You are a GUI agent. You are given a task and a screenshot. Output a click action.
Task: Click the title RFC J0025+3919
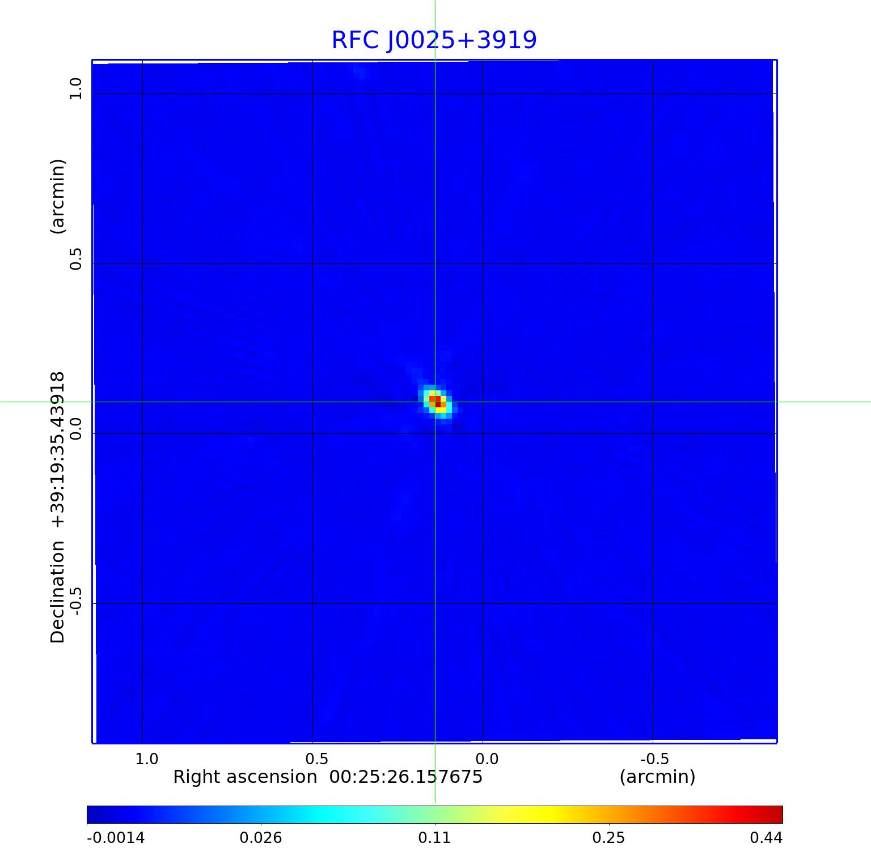[434, 40]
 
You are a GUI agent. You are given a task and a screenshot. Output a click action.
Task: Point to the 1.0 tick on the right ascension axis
[147, 759]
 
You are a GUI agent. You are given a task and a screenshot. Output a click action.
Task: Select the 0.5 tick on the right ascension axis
[316, 759]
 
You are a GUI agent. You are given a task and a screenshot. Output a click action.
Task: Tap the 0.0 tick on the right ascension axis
[487, 759]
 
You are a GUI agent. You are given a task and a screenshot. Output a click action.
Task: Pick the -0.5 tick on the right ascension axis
[654, 759]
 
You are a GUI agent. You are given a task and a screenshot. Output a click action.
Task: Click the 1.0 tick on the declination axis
[75, 89]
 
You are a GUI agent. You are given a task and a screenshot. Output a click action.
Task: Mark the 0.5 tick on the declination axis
[75, 259]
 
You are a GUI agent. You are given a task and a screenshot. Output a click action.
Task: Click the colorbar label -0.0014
[116, 837]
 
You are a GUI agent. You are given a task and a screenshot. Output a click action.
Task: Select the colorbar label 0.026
[261, 837]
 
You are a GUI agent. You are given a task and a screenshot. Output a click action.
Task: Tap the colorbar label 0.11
[434, 837]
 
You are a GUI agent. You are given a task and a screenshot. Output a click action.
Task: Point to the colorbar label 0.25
[608, 837]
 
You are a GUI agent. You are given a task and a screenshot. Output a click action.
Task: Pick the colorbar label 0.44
[766, 837]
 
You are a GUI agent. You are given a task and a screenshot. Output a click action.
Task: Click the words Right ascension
[245, 777]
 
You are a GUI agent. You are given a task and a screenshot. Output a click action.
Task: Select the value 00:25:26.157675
[406, 777]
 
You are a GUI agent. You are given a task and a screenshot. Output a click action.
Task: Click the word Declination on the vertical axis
[58, 592]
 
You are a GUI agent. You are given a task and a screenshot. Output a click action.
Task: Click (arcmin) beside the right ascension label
[657, 777]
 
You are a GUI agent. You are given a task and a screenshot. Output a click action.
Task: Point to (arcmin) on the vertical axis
[58, 196]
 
